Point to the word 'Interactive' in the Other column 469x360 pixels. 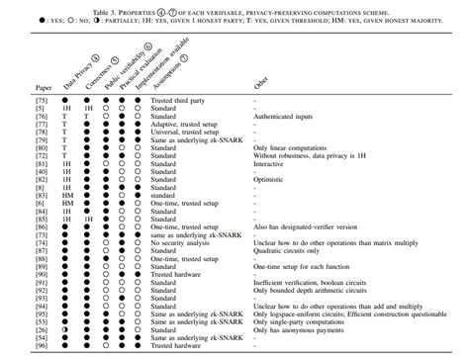coord(272,163)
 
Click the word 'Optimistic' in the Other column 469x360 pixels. coord(272,179)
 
